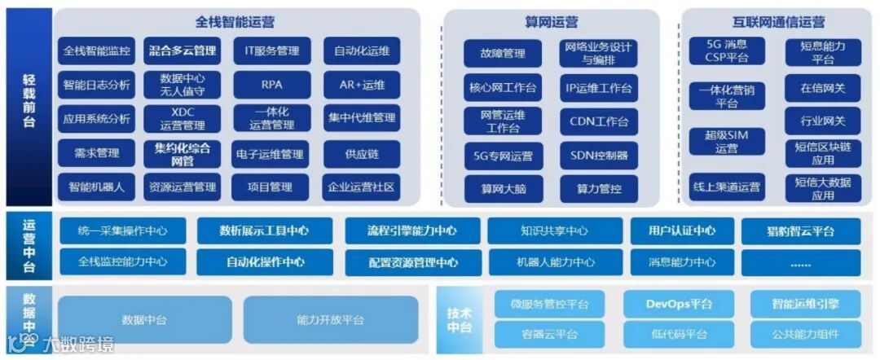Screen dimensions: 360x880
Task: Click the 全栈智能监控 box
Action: (96, 50)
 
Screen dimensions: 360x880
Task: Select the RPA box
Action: (271, 85)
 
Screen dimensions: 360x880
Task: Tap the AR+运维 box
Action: (361, 85)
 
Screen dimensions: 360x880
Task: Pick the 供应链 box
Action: (361, 153)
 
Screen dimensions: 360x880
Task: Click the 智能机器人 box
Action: (96, 187)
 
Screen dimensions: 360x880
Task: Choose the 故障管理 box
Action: (503, 54)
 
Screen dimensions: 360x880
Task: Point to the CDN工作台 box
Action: (598, 121)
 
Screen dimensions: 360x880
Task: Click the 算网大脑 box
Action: (503, 189)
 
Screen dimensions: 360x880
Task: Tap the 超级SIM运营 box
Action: (726, 142)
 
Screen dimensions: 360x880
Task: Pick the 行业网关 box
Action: (822, 121)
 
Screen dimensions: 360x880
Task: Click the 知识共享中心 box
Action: (554, 231)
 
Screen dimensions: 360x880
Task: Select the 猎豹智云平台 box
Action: (800, 231)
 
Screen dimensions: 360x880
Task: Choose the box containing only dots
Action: (800, 262)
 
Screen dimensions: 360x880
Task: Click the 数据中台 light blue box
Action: (144, 319)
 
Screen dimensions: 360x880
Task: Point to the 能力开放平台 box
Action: (330, 319)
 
